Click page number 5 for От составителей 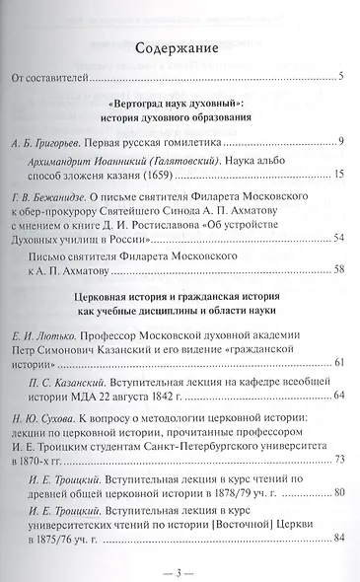point(338,76)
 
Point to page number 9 point(338,143)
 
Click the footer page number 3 point(179,570)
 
